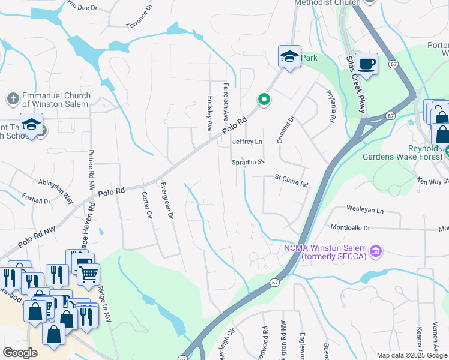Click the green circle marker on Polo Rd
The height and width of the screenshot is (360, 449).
tap(263, 100)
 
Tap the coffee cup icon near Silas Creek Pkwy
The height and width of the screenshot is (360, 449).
tap(366, 63)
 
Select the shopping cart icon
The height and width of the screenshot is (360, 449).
tap(88, 275)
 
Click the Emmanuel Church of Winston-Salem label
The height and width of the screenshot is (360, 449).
tap(56, 100)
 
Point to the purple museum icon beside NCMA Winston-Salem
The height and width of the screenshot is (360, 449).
tap(376, 250)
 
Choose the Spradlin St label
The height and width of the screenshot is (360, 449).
tap(248, 162)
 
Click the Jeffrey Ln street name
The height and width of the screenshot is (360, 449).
tap(247, 142)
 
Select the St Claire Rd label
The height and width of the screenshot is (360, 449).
tap(291, 181)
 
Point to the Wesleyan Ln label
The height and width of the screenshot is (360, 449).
tap(364, 211)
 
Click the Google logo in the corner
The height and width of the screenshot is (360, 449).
tap(20, 352)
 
